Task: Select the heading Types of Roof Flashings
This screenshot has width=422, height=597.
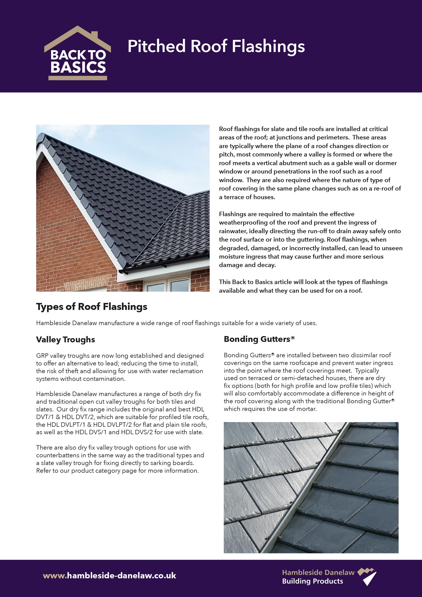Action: [x=92, y=307]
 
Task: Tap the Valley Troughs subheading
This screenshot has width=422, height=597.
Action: [x=66, y=339]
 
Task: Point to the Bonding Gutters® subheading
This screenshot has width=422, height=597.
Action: [x=259, y=339]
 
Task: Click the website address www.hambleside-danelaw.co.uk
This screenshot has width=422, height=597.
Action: [x=110, y=575]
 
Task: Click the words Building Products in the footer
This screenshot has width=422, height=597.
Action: [x=312, y=581]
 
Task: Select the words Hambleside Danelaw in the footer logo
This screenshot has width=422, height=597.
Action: [x=318, y=572]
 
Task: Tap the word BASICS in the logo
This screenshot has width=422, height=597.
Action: [x=78, y=67]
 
